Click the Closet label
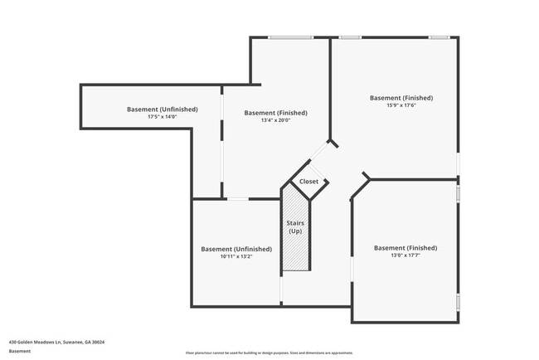pyautogui.click(x=308, y=181)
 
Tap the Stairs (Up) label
pyautogui.click(x=294, y=226)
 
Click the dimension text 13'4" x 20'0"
pyautogui.click(x=275, y=121)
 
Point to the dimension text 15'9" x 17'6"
pyautogui.click(x=401, y=105)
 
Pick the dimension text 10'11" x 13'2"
pyautogui.click(x=236, y=256)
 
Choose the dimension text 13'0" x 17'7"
pyautogui.click(x=405, y=255)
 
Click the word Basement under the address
pyautogui.click(x=20, y=351)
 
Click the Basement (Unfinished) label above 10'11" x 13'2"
pyautogui.click(x=236, y=249)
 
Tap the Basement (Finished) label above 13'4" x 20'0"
pyautogui.click(x=275, y=113)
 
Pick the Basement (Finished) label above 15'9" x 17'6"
pyautogui.click(x=401, y=98)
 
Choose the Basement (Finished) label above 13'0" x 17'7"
pyautogui.click(x=405, y=247)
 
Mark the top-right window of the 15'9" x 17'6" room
pyautogui.click(x=439, y=37)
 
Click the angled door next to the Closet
pyautogui.click(x=318, y=150)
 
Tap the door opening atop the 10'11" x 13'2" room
pyautogui.click(x=237, y=198)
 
